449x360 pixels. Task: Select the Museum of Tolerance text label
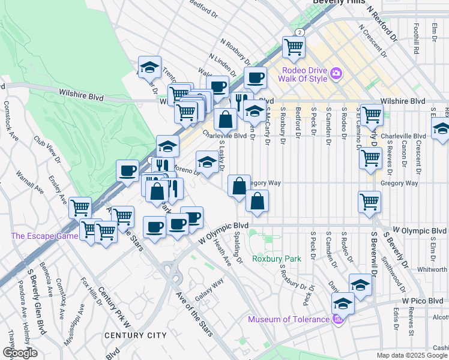[289, 319]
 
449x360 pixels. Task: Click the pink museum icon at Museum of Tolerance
[337, 319]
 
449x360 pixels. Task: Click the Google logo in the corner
[20, 353]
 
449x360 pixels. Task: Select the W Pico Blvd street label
[424, 299]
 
